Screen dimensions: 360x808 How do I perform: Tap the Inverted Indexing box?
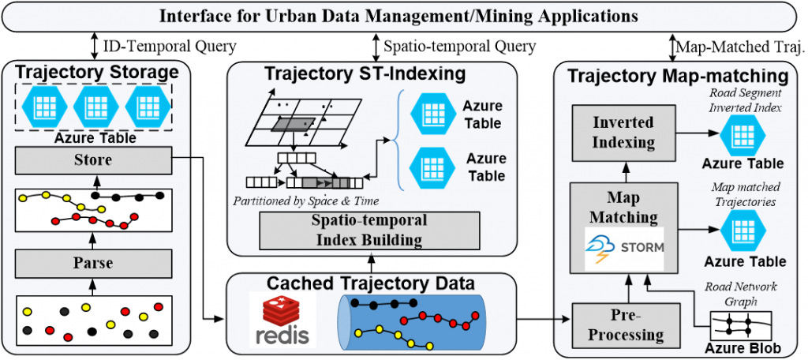click(623, 133)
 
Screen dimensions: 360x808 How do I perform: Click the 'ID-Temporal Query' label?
click(170, 47)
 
